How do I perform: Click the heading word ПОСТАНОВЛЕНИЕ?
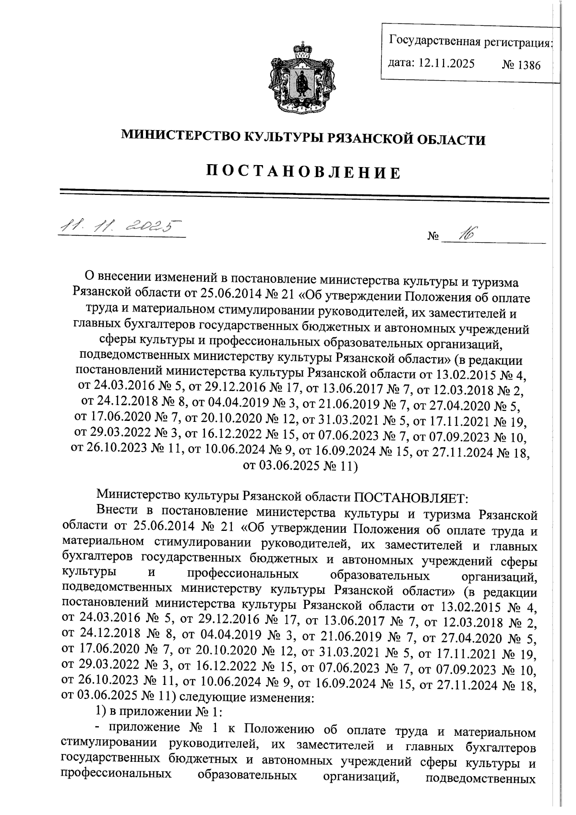pos(303,172)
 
